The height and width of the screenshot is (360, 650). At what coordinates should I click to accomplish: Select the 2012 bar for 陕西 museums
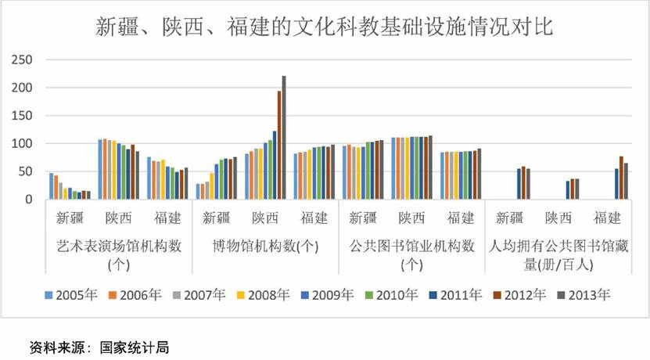279,145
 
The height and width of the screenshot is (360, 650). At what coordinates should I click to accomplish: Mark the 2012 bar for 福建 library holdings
621,178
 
